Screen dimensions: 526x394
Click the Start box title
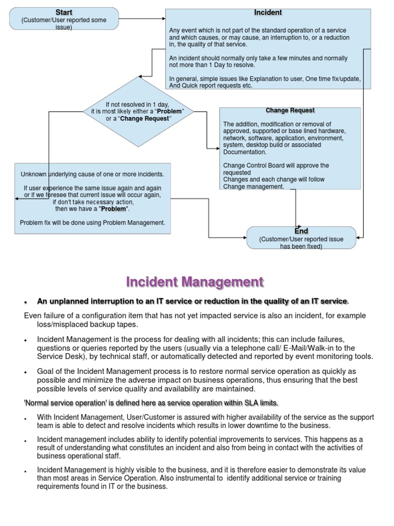tap(64, 12)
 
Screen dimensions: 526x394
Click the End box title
tap(301, 231)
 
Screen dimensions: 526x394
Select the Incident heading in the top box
tap(268, 12)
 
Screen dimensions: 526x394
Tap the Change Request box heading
tap(290, 110)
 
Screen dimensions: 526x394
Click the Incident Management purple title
tap(195, 282)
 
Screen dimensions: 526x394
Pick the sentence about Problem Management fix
tap(92, 223)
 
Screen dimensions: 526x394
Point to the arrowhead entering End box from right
tap(359, 237)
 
